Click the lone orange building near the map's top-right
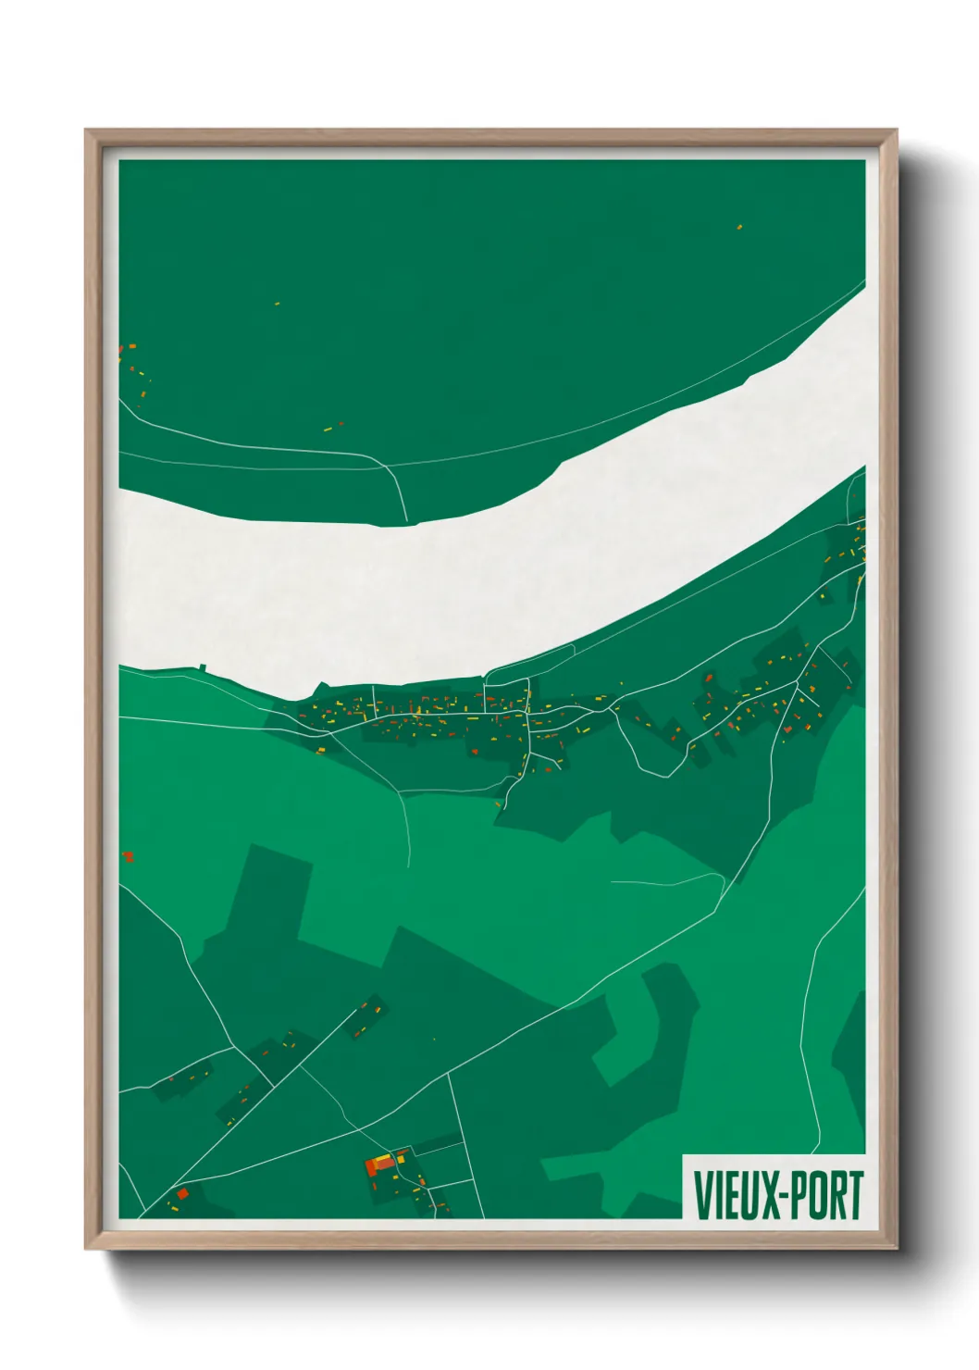point(739,226)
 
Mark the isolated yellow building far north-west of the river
point(277,303)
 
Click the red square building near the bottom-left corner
point(182,1193)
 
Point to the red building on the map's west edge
point(128,856)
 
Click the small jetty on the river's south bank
point(203,666)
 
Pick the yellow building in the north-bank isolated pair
point(328,429)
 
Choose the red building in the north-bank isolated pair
point(341,424)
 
